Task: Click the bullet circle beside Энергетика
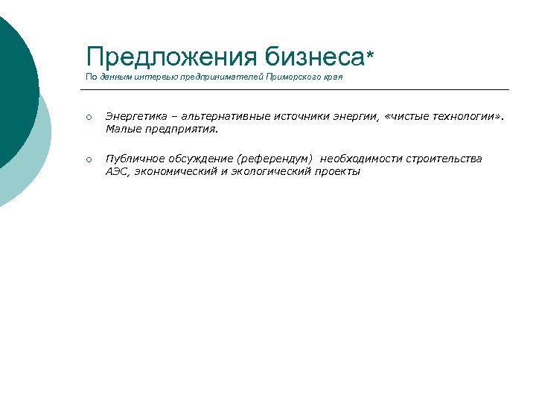tap(88, 117)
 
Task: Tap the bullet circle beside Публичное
tap(88, 159)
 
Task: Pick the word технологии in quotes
tap(459, 115)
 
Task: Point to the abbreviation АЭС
tap(117, 171)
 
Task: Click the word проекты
tap(338, 171)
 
